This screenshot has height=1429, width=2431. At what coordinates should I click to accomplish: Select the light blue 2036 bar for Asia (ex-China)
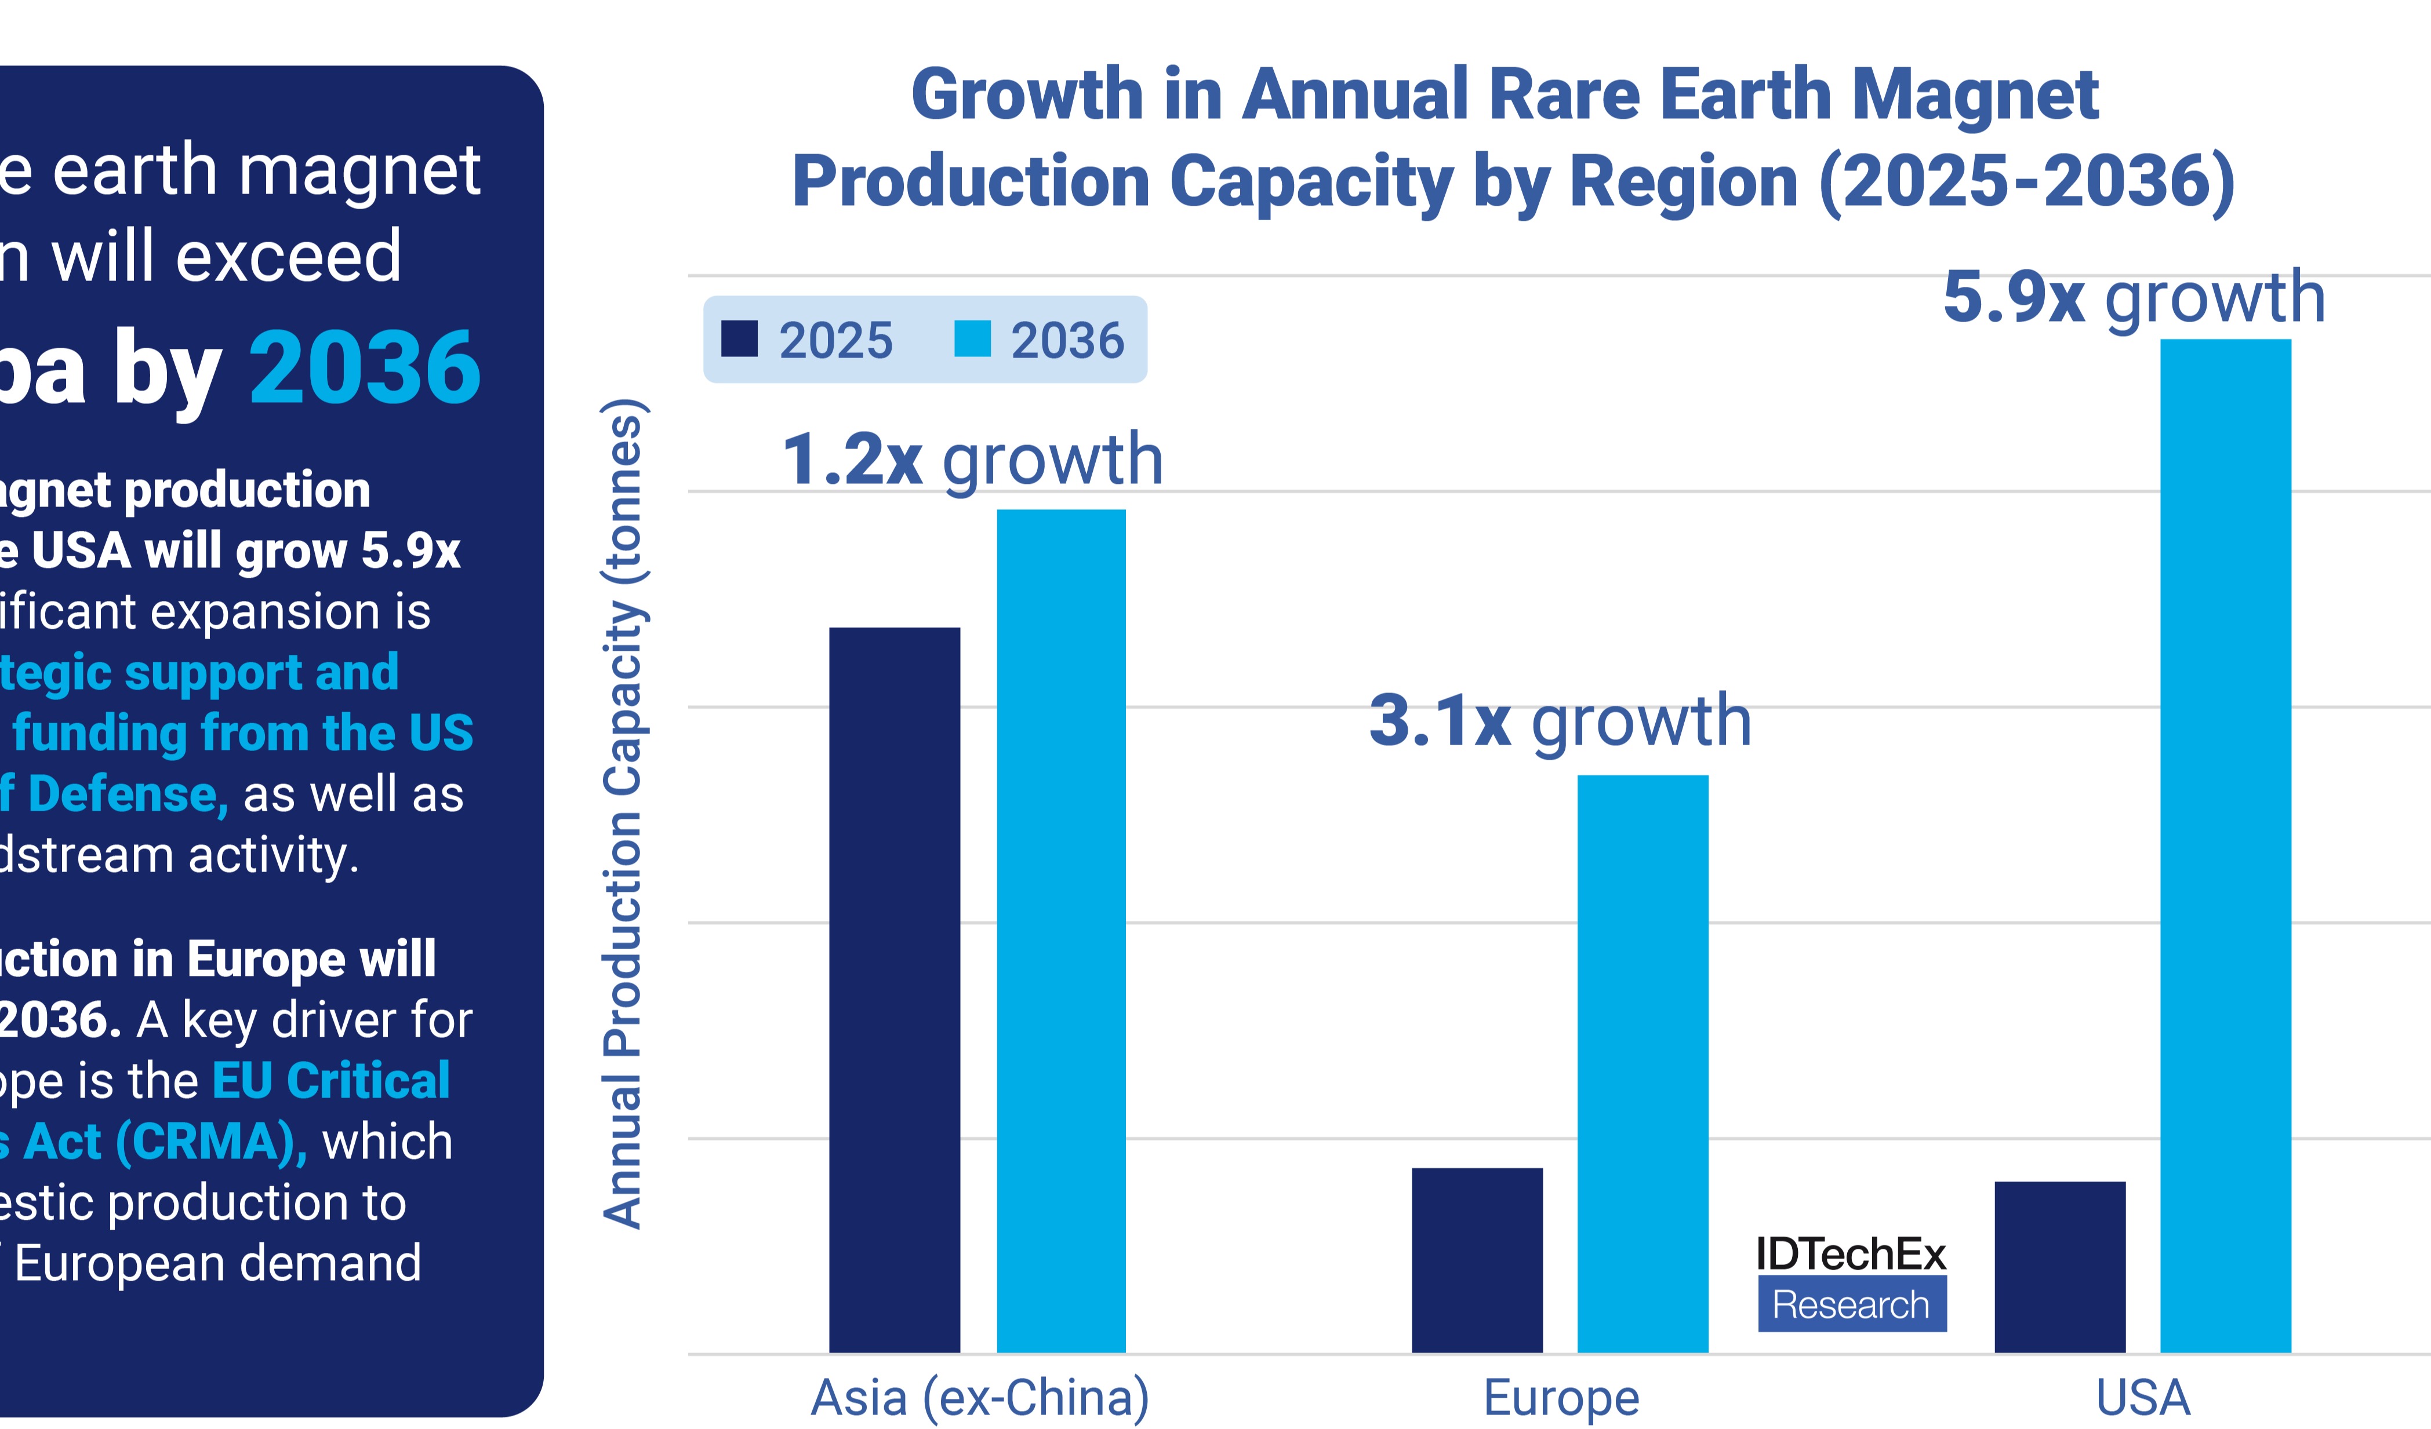pyautogui.click(x=1061, y=931)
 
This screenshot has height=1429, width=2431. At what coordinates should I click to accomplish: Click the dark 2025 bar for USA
pyautogui.click(x=2059, y=1266)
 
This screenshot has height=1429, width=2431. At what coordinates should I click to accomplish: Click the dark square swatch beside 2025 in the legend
pyautogui.click(x=739, y=340)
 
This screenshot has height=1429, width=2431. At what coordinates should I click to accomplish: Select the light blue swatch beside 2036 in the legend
pyautogui.click(x=972, y=340)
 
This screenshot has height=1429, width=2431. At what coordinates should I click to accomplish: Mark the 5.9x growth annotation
pyautogui.click(x=2134, y=297)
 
